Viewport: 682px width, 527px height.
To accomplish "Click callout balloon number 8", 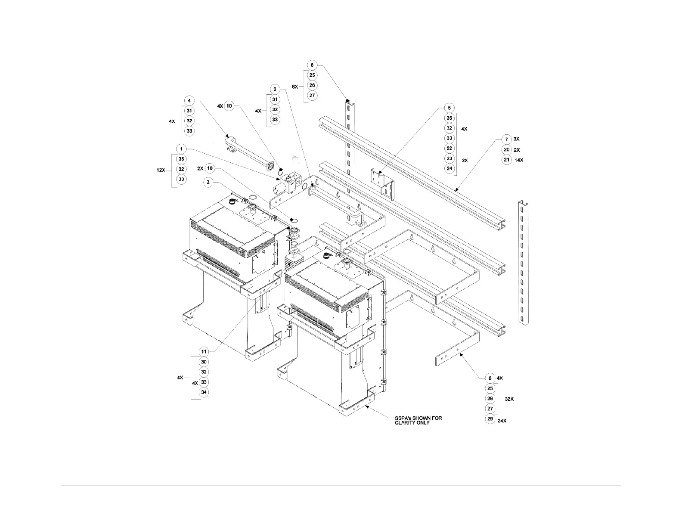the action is pyautogui.click(x=313, y=65).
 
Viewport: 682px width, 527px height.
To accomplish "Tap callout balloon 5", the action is pyautogui.click(x=449, y=108).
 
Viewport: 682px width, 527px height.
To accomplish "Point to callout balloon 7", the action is pyautogui.click(x=507, y=139).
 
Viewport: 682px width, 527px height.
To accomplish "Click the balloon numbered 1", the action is pyautogui.click(x=181, y=149).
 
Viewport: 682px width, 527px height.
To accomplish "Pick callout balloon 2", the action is pyautogui.click(x=208, y=183).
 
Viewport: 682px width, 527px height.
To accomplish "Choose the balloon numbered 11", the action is pyautogui.click(x=204, y=352).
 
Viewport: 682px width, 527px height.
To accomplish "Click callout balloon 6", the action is pyautogui.click(x=490, y=378).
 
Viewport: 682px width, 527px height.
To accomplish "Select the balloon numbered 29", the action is pyautogui.click(x=490, y=419).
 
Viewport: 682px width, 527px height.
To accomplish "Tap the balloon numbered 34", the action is pyautogui.click(x=204, y=392).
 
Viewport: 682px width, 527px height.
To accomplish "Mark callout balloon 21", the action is pyautogui.click(x=507, y=160).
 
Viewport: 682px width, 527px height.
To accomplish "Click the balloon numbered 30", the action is pyautogui.click(x=204, y=362).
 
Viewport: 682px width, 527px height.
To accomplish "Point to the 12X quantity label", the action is pyautogui.click(x=161, y=170).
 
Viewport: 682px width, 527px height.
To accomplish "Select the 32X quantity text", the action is pyautogui.click(x=509, y=399).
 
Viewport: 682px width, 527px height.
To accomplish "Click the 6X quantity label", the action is pyautogui.click(x=295, y=87).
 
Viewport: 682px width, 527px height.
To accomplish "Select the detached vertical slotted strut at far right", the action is pyautogui.click(x=524, y=263).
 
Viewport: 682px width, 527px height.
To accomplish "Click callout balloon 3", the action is pyautogui.click(x=275, y=89).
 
